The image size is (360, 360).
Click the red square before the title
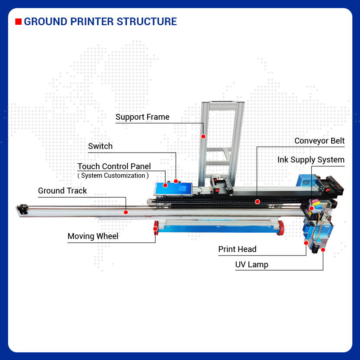[x=18, y=22]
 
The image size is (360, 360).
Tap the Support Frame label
[x=142, y=117]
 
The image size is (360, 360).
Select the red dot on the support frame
[x=203, y=136]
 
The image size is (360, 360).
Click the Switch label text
[x=100, y=146]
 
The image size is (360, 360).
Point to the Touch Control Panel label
[x=114, y=166]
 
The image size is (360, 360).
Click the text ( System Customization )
[x=113, y=175]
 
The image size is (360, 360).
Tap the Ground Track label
[x=62, y=191]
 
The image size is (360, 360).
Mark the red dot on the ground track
[x=126, y=211]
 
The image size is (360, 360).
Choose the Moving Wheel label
[x=93, y=236]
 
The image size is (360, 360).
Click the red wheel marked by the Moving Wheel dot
[x=156, y=228]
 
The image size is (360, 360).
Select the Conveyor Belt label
[x=319, y=141]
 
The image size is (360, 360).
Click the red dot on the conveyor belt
[x=257, y=201]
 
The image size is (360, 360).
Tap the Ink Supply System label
[x=310, y=160]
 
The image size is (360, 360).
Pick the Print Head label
[x=237, y=249]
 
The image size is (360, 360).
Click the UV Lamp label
[x=252, y=265]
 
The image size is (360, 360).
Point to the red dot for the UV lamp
[x=323, y=249]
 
